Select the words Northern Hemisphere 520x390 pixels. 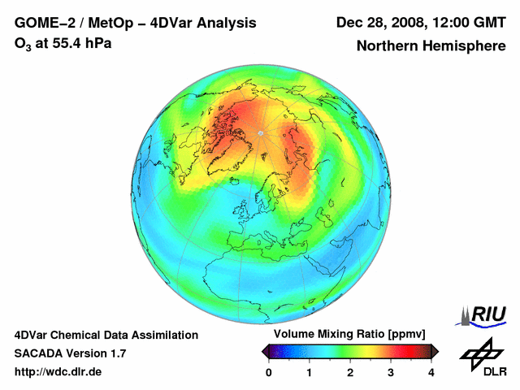click(431, 46)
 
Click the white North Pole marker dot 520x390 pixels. click(260, 132)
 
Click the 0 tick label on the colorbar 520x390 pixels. click(269, 372)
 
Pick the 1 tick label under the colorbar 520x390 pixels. click(310, 372)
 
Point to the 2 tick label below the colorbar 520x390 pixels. click(350, 372)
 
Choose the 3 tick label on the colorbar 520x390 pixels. click(391, 372)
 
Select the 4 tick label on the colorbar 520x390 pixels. click(431, 372)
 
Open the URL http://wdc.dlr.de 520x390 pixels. click(58, 372)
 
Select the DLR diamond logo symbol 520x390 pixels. click(479, 351)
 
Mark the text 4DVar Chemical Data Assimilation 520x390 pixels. click(106, 335)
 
